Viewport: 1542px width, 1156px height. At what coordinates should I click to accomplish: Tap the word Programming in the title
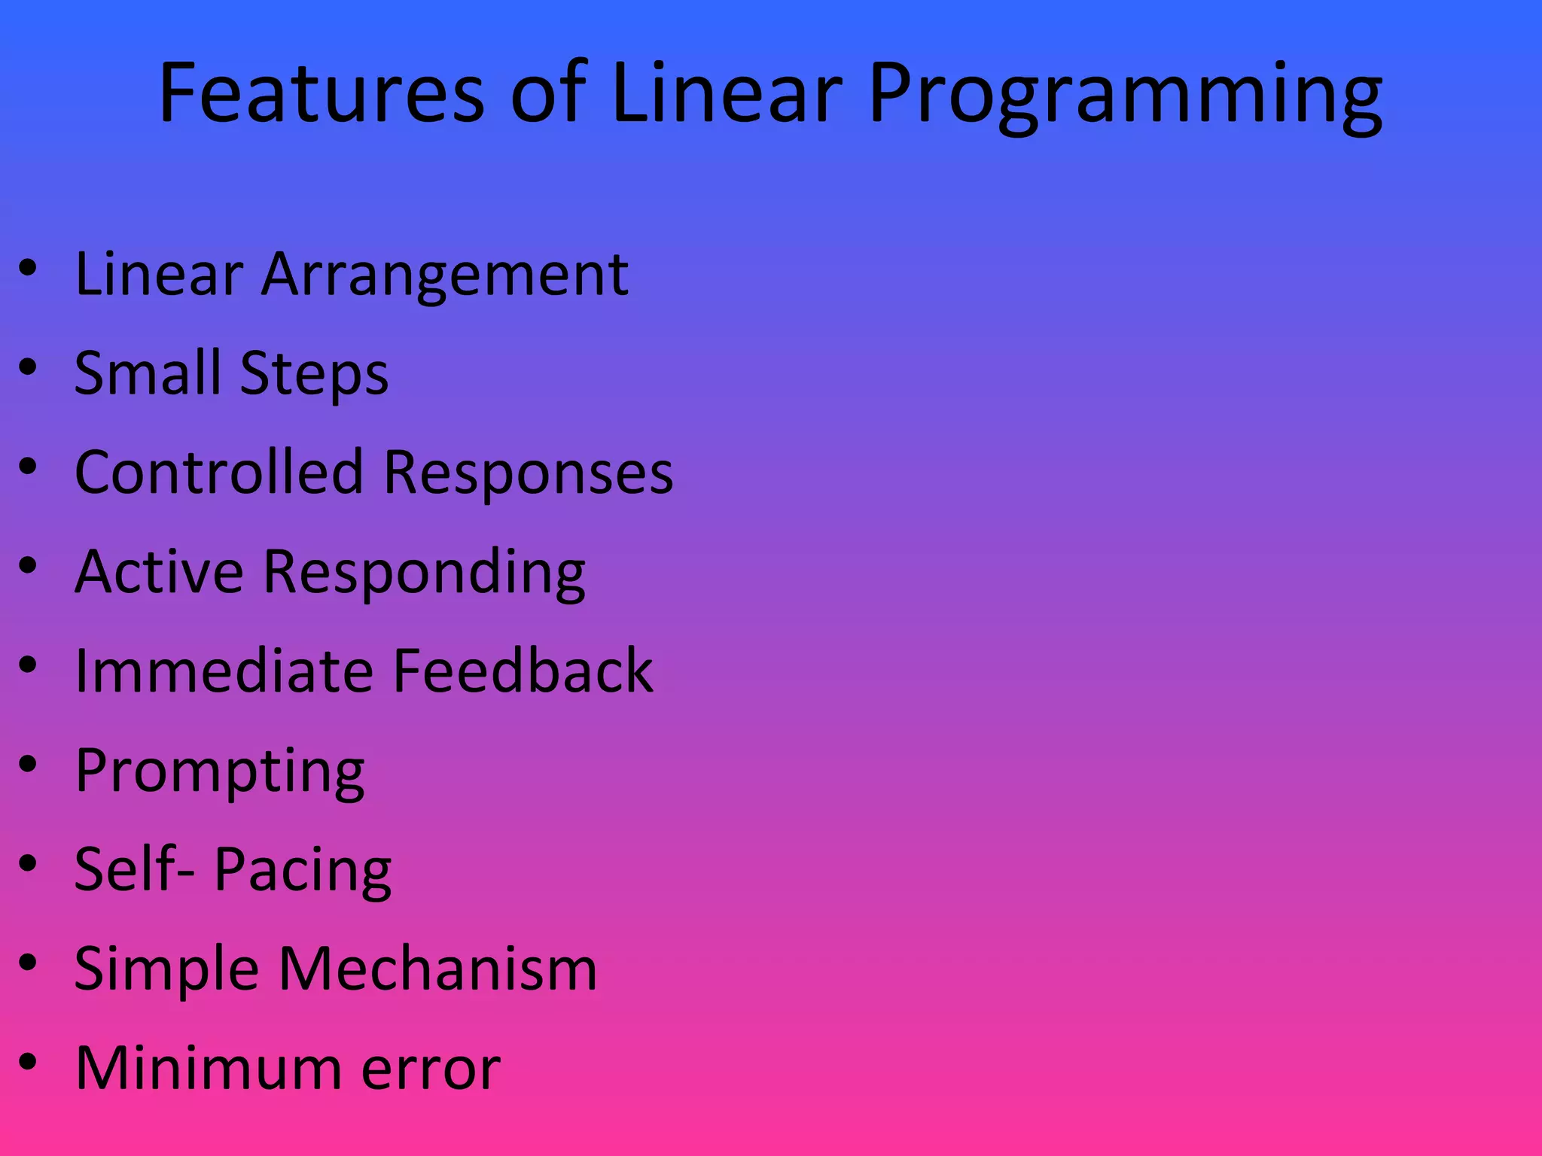point(1126,96)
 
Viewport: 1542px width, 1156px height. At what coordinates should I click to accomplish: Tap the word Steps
point(314,375)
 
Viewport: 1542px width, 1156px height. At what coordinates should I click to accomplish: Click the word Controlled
point(218,472)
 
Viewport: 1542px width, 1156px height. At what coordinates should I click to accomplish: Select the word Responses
point(528,475)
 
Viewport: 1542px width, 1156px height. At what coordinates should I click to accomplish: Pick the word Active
point(159,571)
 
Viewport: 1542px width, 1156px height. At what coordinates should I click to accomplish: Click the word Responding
point(424,574)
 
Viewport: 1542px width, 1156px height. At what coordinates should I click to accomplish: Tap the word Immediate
point(223,671)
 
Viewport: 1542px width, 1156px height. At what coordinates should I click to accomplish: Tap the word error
point(431,1069)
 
